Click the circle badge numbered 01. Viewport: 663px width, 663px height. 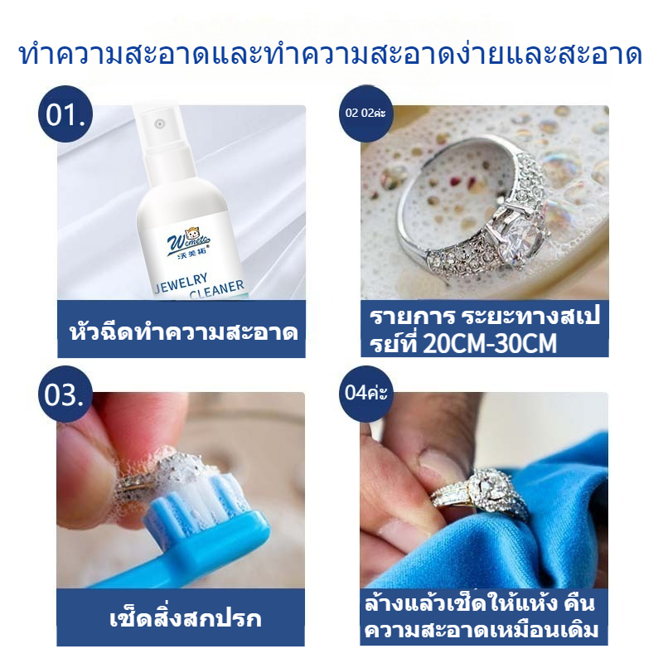[x=65, y=114]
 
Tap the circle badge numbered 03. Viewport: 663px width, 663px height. [x=65, y=394]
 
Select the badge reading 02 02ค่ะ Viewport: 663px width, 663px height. [x=366, y=113]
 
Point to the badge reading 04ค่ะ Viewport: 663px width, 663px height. [x=366, y=394]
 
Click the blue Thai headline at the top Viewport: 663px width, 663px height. [x=331, y=54]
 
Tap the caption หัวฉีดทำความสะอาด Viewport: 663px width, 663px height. [x=183, y=332]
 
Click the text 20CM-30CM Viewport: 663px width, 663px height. [x=490, y=343]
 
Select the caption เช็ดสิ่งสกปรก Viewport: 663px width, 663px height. [x=185, y=618]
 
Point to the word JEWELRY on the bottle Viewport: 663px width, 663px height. [x=181, y=283]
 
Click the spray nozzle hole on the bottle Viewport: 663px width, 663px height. [x=159, y=123]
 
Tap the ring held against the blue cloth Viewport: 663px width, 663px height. [x=482, y=494]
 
